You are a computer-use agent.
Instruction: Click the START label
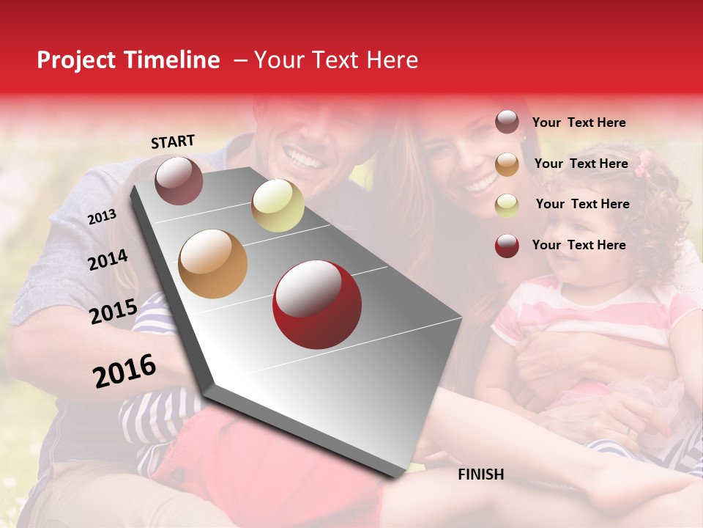point(173,142)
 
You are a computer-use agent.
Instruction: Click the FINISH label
point(480,474)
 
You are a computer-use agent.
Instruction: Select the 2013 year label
point(102,216)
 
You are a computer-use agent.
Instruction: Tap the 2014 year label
point(108,260)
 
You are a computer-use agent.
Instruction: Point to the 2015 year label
point(114,312)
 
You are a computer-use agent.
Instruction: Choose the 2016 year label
point(124,370)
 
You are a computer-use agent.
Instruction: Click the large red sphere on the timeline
point(316,304)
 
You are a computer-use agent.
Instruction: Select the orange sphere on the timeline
point(212,263)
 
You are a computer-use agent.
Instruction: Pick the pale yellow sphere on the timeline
point(278,205)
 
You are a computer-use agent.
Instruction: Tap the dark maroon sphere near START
point(179,180)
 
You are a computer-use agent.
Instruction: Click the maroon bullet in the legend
point(507,122)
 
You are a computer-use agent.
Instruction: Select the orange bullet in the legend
point(507,164)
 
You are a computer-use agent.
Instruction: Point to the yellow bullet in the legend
point(507,205)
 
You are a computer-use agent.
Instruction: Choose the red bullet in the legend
point(507,246)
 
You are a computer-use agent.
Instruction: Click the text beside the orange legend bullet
point(581,164)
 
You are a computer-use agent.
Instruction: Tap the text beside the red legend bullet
point(579,245)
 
